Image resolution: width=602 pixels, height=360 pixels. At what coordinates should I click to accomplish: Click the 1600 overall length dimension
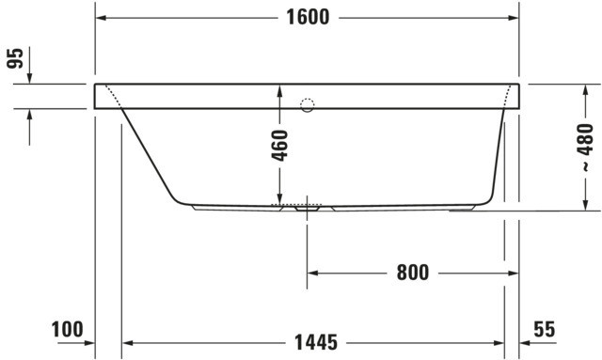(308, 17)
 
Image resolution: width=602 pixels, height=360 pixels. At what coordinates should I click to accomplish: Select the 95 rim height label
(16, 58)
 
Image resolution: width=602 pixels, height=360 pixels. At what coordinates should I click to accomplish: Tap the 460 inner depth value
(280, 146)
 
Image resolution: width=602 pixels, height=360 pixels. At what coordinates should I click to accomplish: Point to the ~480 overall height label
(585, 147)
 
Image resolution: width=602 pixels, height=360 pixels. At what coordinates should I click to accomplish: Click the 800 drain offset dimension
(413, 273)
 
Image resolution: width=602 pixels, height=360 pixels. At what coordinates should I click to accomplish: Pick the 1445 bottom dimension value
(316, 342)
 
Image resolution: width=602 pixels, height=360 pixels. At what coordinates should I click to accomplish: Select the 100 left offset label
(67, 330)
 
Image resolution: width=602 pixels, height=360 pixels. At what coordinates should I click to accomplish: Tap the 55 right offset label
(545, 329)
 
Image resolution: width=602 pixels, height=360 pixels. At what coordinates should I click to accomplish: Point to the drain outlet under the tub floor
(308, 209)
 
